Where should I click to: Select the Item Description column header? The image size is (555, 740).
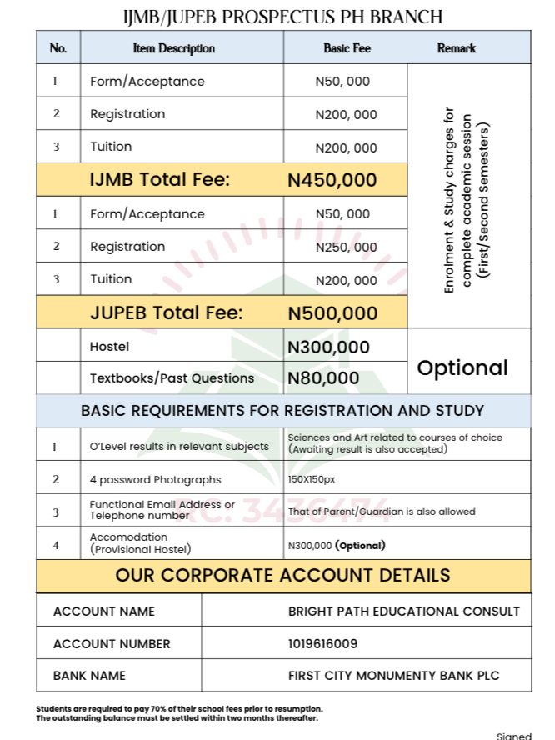(x=174, y=48)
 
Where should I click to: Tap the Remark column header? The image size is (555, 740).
(x=457, y=48)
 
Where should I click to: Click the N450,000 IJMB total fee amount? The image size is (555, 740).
(x=332, y=180)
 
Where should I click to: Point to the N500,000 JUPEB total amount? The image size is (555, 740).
(x=332, y=313)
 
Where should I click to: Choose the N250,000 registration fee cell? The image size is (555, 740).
(x=346, y=247)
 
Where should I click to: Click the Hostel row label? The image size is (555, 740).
(x=110, y=346)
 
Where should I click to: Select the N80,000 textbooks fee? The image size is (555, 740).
(x=323, y=378)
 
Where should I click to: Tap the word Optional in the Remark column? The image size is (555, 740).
(x=462, y=367)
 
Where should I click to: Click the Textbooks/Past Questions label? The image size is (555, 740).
(x=172, y=378)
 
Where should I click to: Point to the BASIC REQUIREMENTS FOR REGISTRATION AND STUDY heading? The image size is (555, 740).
(x=282, y=411)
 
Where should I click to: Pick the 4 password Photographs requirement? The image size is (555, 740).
(x=156, y=479)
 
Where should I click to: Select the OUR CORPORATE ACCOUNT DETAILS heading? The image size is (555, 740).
(x=282, y=575)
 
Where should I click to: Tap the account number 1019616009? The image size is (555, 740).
(x=323, y=643)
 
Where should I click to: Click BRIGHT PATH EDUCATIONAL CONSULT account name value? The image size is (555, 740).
(x=404, y=612)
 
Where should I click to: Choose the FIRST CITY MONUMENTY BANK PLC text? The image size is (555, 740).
(x=394, y=675)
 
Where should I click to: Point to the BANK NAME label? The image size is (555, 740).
(x=89, y=675)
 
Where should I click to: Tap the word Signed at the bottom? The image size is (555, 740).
(x=513, y=736)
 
